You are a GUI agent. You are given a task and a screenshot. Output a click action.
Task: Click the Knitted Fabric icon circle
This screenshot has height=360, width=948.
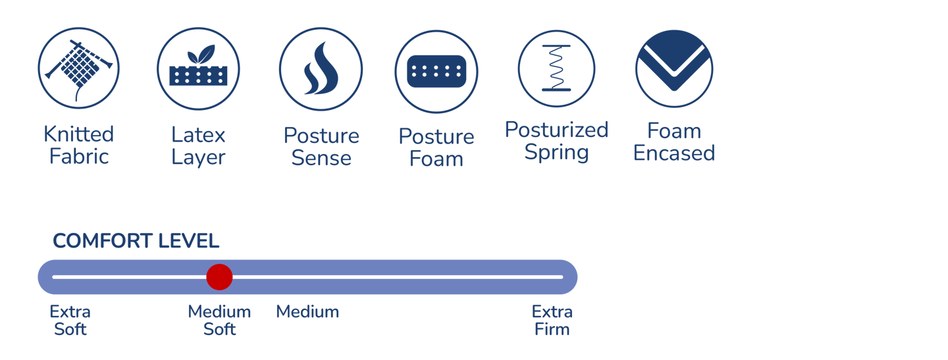click(x=78, y=68)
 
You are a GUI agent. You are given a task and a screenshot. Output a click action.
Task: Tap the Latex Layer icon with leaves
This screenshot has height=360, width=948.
click(x=197, y=68)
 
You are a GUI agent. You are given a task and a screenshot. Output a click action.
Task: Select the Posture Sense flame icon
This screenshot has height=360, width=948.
click(x=321, y=68)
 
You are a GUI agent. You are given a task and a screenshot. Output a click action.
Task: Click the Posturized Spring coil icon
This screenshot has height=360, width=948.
click(x=556, y=68)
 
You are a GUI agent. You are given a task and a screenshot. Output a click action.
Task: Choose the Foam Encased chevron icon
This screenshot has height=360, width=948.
click(x=674, y=68)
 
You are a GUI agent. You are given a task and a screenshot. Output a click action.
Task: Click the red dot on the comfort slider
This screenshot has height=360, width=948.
click(x=219, y=277)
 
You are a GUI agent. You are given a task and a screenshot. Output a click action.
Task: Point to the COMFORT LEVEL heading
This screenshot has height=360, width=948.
click(x=136, y=242)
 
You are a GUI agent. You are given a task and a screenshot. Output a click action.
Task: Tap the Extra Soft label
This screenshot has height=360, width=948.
click(x=70, y=320)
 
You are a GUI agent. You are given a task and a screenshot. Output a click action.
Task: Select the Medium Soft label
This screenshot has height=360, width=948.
click(x=219, y=320)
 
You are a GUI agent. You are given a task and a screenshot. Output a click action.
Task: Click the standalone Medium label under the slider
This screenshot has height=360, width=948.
click(x=307, y=312)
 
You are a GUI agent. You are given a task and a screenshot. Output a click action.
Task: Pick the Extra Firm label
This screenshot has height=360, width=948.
click(x=552, y=320)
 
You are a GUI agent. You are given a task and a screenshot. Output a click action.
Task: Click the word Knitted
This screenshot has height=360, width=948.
click(x=79, y=134)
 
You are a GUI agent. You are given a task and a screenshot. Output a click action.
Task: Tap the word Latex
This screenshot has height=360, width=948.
click(x=198, y=136)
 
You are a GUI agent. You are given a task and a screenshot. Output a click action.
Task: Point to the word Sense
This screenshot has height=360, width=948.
click(x=321, y=158)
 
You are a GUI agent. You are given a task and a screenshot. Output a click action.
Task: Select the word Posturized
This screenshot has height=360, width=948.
click(x=556, y=130)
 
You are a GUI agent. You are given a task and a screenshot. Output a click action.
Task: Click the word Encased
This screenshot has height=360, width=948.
click(x=674, y=153)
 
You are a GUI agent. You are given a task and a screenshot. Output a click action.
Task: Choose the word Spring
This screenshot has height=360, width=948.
click(x=556, y=153)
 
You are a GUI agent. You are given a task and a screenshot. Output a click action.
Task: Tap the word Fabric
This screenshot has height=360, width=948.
click(x=79, y=157)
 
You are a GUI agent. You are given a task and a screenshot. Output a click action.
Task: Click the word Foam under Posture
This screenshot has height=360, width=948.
click(x=436, y=159)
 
